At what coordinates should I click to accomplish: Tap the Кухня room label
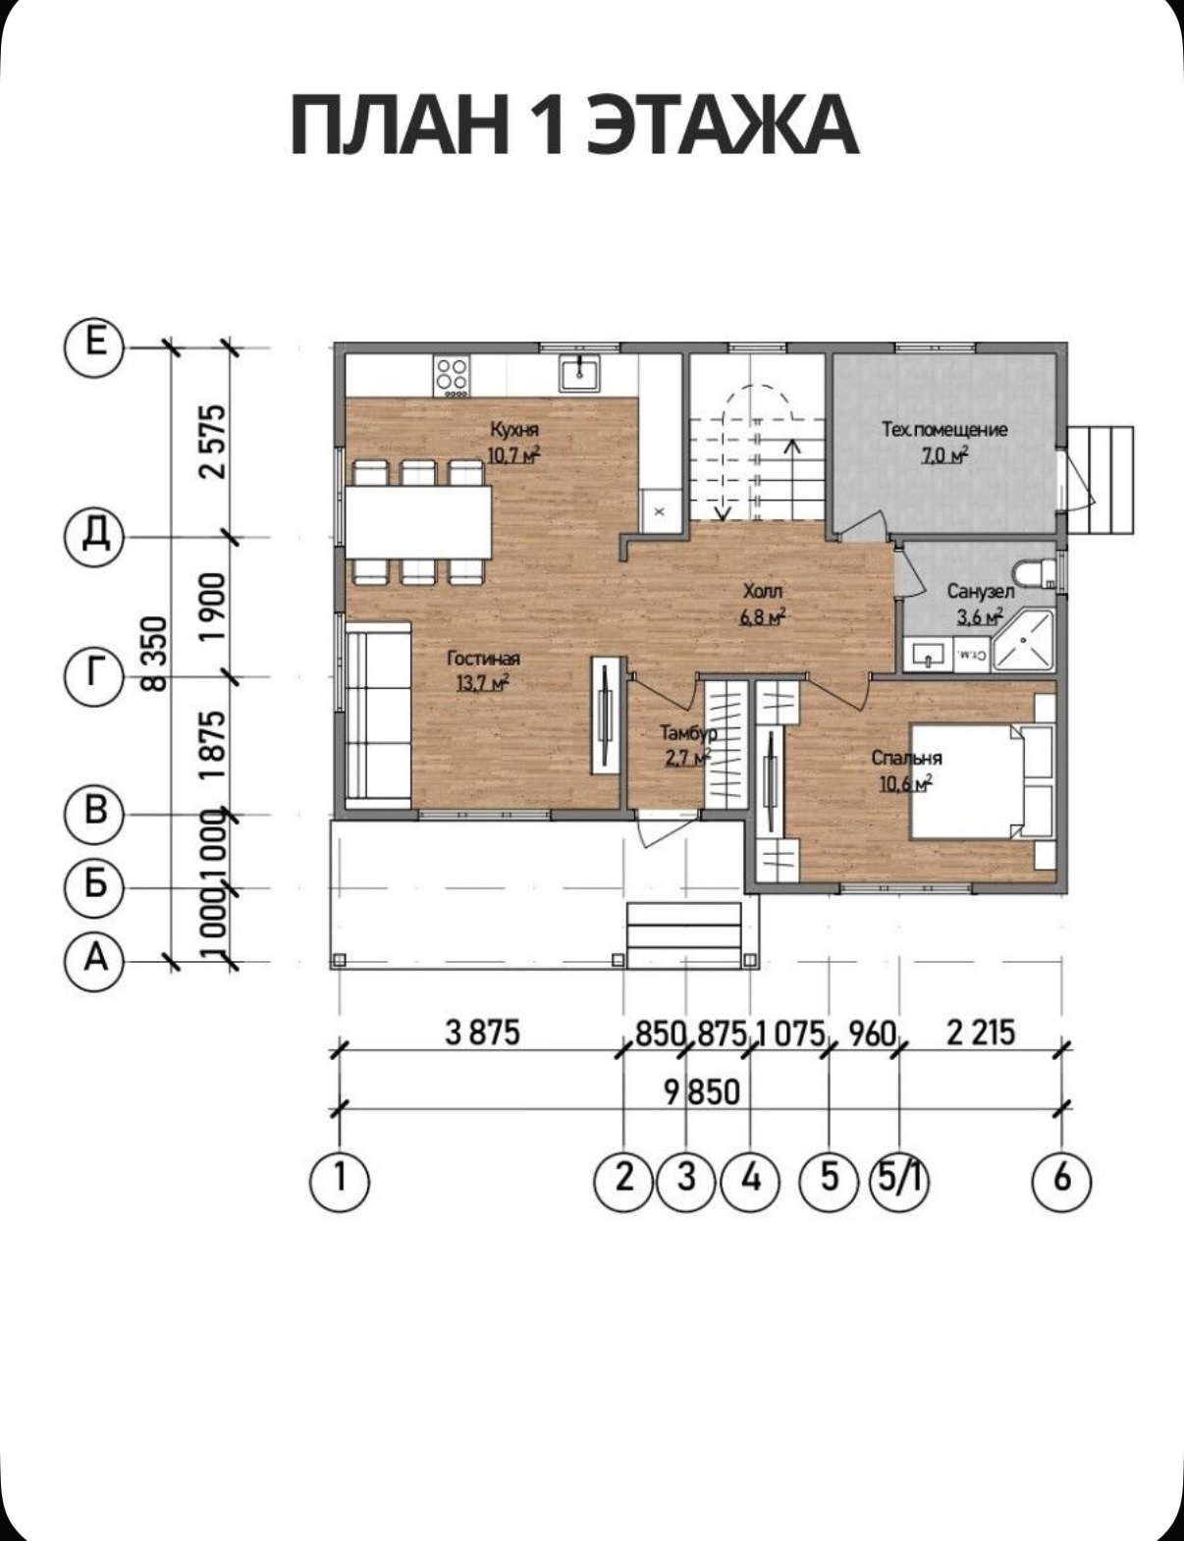coord(514,430)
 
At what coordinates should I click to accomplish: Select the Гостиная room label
coord(484,658)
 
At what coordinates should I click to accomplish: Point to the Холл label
coord(763,591)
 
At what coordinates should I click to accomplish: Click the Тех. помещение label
coord(944,430)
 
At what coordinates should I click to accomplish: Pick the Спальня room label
coord(907,758)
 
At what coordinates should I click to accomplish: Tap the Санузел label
coord(981,591)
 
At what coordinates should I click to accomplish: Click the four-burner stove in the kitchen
coord(452,376)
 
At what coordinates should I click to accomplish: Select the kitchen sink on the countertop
coord(580,372)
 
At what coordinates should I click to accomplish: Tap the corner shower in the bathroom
coord(1023,639)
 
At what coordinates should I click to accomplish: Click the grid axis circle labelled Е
coord(95,347)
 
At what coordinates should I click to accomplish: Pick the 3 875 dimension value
coord(482,1033)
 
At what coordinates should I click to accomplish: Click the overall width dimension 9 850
coord(702,1092)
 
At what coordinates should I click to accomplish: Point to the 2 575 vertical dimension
coord(214,442)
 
